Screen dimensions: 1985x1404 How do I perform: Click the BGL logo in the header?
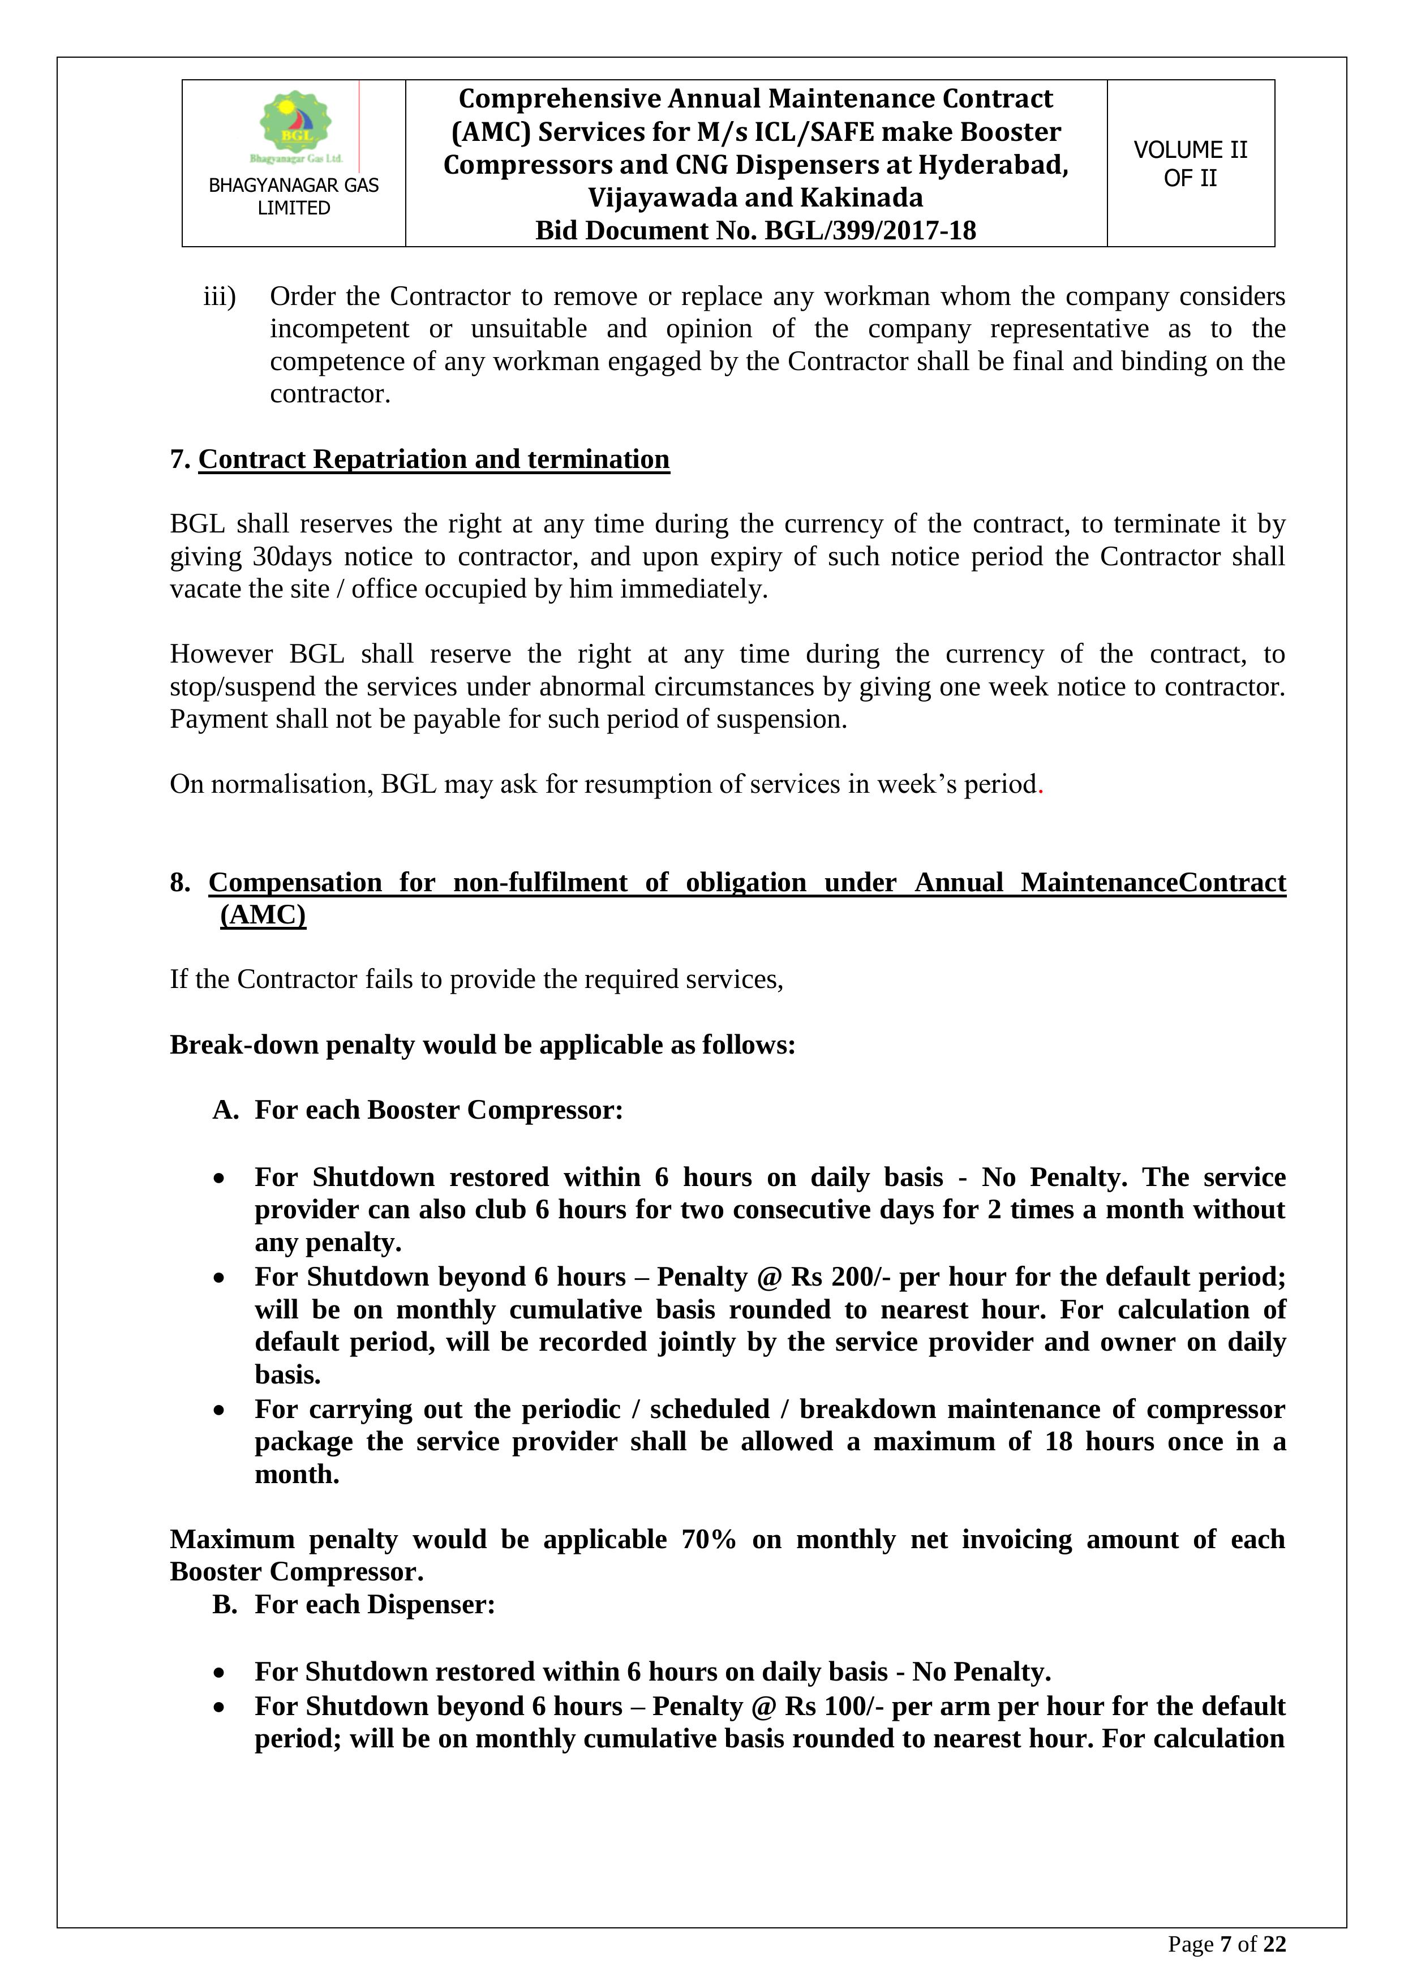coord(295,126)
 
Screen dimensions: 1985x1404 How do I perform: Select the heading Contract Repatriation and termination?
coord(434,459)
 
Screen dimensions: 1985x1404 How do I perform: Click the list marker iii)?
coord(220,297)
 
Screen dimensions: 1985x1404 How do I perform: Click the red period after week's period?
coord(1041,785)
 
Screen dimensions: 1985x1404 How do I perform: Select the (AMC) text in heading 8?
coord(263,914)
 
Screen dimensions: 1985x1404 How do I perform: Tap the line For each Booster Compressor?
coord(439,1110)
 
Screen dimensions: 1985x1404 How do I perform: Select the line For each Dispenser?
coord(374,1605)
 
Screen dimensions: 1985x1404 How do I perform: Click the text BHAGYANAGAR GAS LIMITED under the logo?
coord(294,196)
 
